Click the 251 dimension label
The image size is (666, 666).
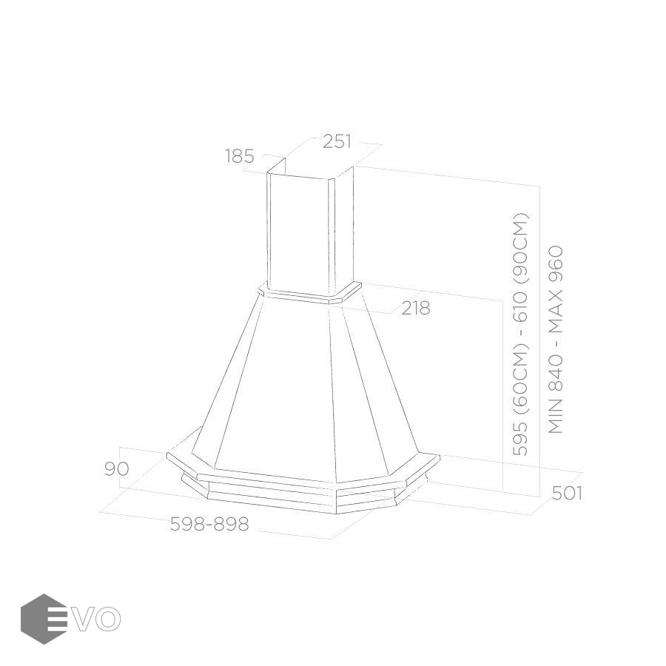point(337,141)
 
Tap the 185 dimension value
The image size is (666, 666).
point(240,156)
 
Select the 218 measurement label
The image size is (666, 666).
point(416,308)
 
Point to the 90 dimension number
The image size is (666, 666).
point(116,468)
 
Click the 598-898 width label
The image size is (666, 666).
point(209,524)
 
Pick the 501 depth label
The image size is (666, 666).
point(567,493)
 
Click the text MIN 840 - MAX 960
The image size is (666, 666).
point(556,340)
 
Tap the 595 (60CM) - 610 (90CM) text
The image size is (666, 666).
point(520,334)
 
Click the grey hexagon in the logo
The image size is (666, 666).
point(44,619)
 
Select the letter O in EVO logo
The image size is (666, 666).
point(108,619)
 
